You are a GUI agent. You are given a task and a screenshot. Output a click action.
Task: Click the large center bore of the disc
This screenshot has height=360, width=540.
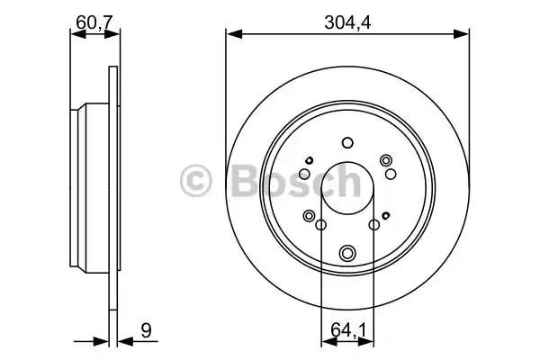point(347,189)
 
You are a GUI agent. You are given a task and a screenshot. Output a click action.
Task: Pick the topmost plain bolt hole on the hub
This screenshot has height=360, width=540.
point(347,142)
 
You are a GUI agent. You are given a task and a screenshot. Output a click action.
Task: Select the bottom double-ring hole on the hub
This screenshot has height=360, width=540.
point(347,253)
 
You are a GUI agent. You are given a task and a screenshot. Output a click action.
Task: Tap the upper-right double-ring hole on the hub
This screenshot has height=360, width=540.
point(387,160)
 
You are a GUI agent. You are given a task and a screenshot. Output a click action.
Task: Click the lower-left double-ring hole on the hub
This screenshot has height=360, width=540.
point(310,216)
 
